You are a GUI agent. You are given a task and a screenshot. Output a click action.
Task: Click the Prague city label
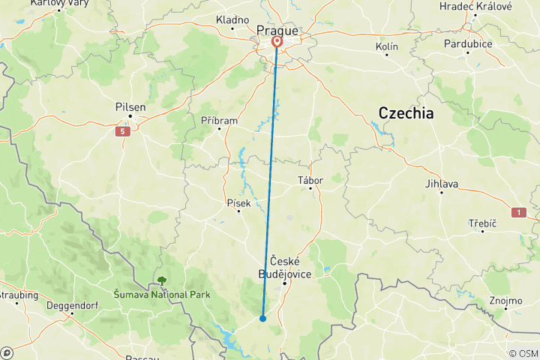[x=277, y=30]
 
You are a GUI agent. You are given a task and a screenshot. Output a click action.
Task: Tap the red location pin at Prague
[x=277, y=42]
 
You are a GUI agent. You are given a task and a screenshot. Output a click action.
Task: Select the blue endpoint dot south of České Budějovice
[x=262, y=318]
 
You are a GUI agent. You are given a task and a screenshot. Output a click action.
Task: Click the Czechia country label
[x=406, y=113]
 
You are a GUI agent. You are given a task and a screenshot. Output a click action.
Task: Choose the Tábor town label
[x=310, y=180]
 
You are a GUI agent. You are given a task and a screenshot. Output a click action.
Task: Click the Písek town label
[x=238, y=202]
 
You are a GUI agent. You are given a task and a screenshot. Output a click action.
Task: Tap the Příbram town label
[x=219, y=120]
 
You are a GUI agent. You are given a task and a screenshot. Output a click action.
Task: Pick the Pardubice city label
[x=467, y=43]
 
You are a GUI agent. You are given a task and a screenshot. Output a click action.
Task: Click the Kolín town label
[x=386, y=46]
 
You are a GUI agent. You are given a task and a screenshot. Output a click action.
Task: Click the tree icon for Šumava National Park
[x=161, y=281]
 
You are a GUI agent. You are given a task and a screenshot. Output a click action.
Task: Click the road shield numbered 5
[x=122, y=132]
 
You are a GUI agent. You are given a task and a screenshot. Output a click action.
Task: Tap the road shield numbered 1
[x=518, y=213]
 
